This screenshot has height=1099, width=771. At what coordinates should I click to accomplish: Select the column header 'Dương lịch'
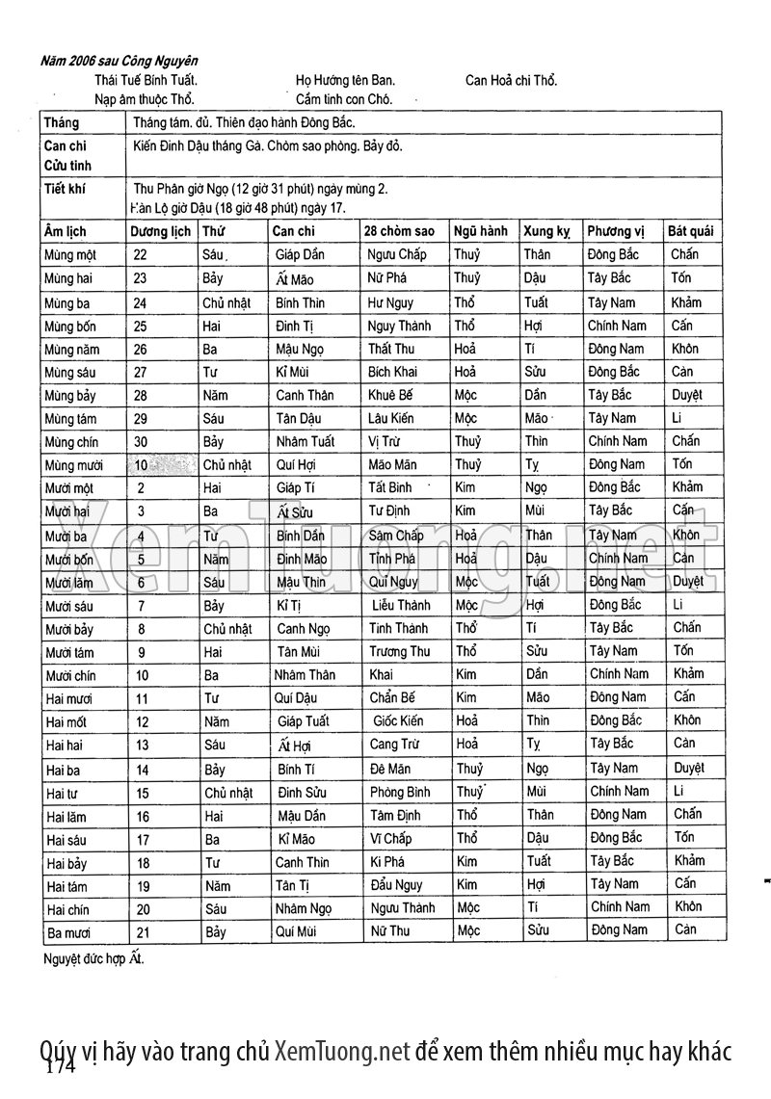tap(160, 231)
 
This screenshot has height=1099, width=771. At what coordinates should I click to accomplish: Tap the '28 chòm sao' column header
tap(399, 231)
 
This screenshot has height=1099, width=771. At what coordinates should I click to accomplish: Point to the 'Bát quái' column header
tap(691, 231)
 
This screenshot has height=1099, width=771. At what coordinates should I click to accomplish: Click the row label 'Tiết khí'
tap(65, 189)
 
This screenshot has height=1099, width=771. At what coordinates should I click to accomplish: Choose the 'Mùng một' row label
tap(71, 255)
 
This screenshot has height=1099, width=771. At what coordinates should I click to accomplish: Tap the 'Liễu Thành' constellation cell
tap(401, 605)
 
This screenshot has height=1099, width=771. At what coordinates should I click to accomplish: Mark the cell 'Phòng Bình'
tap(400, 792)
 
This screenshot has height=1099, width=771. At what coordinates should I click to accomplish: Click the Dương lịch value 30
tap(141, 441)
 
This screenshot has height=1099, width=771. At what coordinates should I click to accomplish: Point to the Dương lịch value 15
tap(143, 792)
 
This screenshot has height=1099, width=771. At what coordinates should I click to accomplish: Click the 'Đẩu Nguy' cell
tap(396, 885)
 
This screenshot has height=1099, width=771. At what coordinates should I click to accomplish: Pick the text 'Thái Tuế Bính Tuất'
tap(146, 81)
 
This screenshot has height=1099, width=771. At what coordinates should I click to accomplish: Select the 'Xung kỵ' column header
tap(546, 231)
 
